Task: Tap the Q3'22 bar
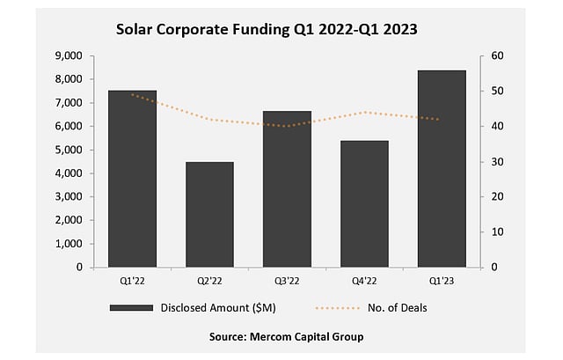(287, 188)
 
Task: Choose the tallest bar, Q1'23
(442, 168)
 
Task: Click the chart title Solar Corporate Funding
(267, 29)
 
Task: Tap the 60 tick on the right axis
(498, 55)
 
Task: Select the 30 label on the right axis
(498, 162)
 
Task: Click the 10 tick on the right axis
(498, 232)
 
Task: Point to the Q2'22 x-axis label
(209, 282)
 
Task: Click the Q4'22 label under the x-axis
(364, 282)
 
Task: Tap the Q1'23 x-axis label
(442, 282)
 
